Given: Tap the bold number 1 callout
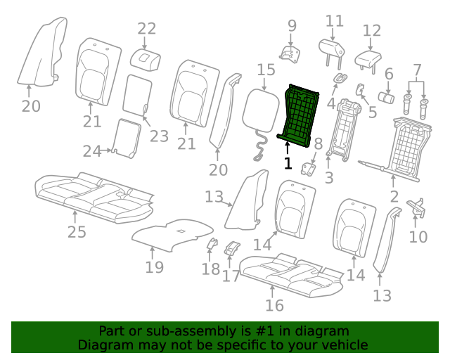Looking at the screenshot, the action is pyautogui.click(x=288, y=163).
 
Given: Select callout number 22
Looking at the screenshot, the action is pyautogui.click(x=147, y=29).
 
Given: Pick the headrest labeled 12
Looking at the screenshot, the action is pyautogui.click(x=368, y=61).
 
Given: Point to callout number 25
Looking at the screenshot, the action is pyautogui.click(x=77, y=231).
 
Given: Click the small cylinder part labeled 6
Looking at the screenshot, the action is pyautogui.click(x=386, y=97).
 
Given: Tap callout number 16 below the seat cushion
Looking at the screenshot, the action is pyautogui.click(x=274, y=305).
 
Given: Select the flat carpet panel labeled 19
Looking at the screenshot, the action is pyautogui.click(x=172, y=235).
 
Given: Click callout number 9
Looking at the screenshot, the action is pyautogui.click(x=292, y=26).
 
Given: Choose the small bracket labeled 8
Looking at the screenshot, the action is pyautogui.click(x=308, y=169).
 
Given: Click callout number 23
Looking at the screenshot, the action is pyautogui.click(x=159, y=136).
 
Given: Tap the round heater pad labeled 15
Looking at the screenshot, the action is pyautogui.click(x=261, y=110).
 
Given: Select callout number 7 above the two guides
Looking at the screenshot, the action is pyautogui.click(x=417, y=70).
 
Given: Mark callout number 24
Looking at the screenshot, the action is pyautogui.click(x=92, y=151).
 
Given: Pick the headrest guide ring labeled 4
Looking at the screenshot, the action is pyautogui.click(x=340, y=77).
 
